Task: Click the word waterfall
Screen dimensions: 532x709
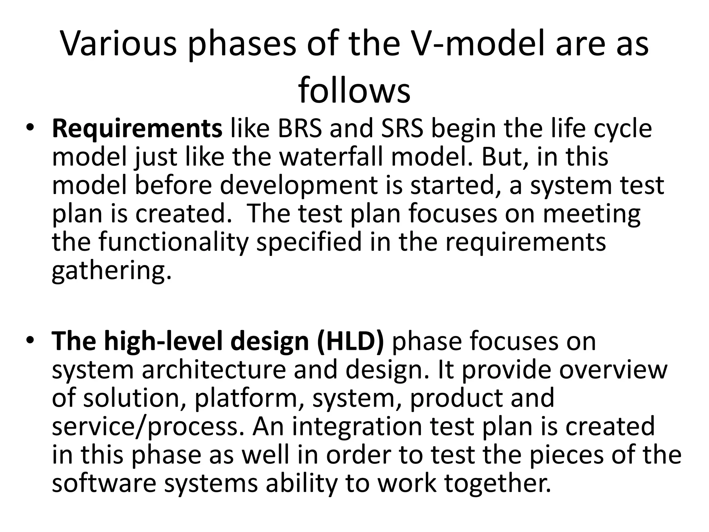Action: coord(333,157)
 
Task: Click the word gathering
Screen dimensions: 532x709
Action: coord(111,271)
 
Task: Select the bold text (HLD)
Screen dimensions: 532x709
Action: coord(350,342)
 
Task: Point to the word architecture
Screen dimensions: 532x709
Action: coord(214,370)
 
